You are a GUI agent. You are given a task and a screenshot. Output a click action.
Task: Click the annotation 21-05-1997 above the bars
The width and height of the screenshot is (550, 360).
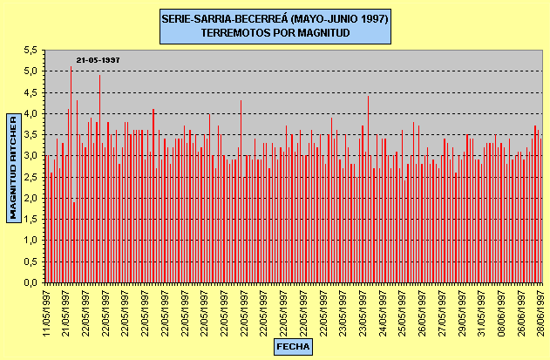[98, 59]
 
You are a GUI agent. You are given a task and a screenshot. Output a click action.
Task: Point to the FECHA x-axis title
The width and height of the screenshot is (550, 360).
[293, 346]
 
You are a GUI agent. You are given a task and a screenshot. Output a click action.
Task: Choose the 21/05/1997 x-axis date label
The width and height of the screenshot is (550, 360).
[65, 309]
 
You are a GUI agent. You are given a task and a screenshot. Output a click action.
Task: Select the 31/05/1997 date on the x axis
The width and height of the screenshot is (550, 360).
[485, 309]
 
